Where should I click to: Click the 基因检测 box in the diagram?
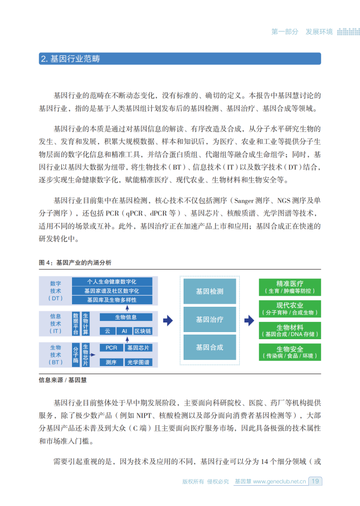click(x=209, y=292)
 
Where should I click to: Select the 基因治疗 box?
click(x=209, y=320)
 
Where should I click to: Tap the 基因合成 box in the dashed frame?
click(x=209, y=347)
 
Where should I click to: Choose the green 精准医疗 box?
click(x=290, y=287)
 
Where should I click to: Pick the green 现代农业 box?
click(x=290, y=309)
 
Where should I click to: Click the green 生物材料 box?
click(x=290, y=331)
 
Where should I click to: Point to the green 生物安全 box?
click(x=290, y=352)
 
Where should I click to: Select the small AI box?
click(x=124, y=331)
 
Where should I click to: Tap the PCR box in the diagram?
click(x=112, y=348)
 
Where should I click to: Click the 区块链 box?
click(x=142, y=331)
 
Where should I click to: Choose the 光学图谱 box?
click(x=138, y=362)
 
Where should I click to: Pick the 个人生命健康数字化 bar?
click(x=112, y=281)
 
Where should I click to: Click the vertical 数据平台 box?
click(x=76, y=324)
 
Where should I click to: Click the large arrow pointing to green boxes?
click(x=249, y=320)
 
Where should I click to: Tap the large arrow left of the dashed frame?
click(x=168, y=320)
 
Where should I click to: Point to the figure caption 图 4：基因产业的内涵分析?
click(x=75, y=263)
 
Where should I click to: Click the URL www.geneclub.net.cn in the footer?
click(x=279, y=482)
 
